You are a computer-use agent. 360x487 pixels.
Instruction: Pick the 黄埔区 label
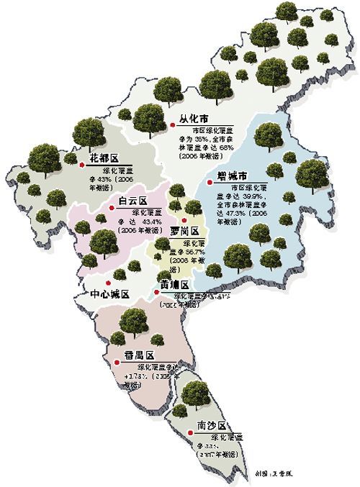tap(176, 285)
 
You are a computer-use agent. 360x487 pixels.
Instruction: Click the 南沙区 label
tap(212, 426)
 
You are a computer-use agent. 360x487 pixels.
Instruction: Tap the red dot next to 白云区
tap(110, 209)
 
